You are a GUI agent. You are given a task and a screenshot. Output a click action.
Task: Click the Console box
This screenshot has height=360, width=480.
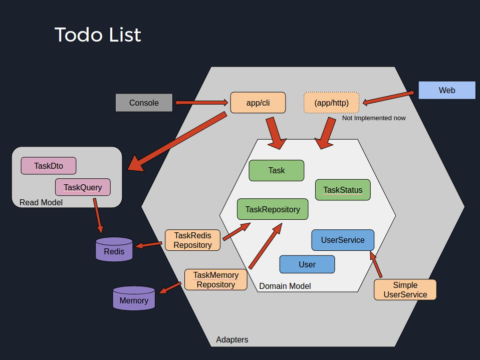click(144, 103)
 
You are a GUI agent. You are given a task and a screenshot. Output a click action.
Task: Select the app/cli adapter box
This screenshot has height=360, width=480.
click(258, 102)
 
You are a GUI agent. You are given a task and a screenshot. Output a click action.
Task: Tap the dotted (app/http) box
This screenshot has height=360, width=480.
click(331, 103)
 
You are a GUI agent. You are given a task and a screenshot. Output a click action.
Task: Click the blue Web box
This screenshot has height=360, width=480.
click(446, 90)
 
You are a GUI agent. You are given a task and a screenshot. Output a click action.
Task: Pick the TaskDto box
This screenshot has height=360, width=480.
click(49, 166)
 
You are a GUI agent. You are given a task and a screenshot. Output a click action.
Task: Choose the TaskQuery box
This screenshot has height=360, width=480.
click(83, 187)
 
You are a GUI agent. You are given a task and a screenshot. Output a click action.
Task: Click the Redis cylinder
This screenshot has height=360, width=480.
click(114, 250)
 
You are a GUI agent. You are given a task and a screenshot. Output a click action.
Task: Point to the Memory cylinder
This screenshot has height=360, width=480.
click(134, 299)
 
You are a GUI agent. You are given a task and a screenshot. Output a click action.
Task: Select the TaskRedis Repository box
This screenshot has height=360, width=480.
click(192, 240)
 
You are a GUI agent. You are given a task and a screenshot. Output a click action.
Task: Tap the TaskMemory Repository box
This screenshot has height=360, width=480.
click(215, 279)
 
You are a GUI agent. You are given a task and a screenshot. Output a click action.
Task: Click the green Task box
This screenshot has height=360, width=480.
click(276, 170)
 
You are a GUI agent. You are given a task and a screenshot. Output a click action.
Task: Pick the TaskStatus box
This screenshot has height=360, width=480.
click(343, 190)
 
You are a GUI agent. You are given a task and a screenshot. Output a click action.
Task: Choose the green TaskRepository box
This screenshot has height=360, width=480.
click(273, 209)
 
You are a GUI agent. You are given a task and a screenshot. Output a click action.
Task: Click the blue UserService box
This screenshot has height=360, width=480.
click(343, 240)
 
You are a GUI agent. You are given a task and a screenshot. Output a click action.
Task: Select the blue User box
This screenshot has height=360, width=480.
click(307, 264)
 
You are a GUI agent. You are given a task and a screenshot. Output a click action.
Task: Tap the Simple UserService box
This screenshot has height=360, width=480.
click(405, 289)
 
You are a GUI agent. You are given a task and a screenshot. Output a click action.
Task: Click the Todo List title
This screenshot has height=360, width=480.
click(98, 35)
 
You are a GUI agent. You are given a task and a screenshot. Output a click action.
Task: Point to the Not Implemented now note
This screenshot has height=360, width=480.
click(374, 118)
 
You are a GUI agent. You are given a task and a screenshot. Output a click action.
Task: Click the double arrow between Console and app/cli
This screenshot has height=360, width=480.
click(201, 103)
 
